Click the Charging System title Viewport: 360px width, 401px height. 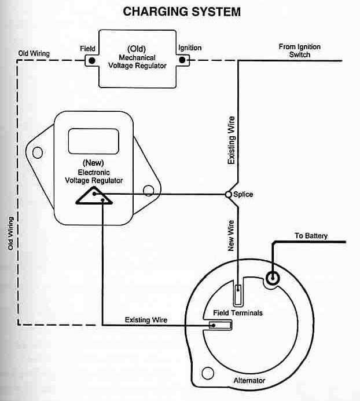click(182, 12)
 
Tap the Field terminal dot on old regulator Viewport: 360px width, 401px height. click(90, 60)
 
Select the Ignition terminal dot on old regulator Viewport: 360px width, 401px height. click(183, 60)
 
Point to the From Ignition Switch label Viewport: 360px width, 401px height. click(299, 51)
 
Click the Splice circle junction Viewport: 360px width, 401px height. click(229, 195)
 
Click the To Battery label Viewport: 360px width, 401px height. click(311, 236)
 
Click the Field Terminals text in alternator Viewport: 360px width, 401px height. click(234, 313)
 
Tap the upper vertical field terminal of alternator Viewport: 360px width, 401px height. click(238, 294)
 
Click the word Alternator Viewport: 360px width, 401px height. click(248, 381)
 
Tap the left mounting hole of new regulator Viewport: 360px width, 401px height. click(38, 153)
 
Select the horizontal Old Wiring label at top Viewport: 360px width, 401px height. click(34, 54)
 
